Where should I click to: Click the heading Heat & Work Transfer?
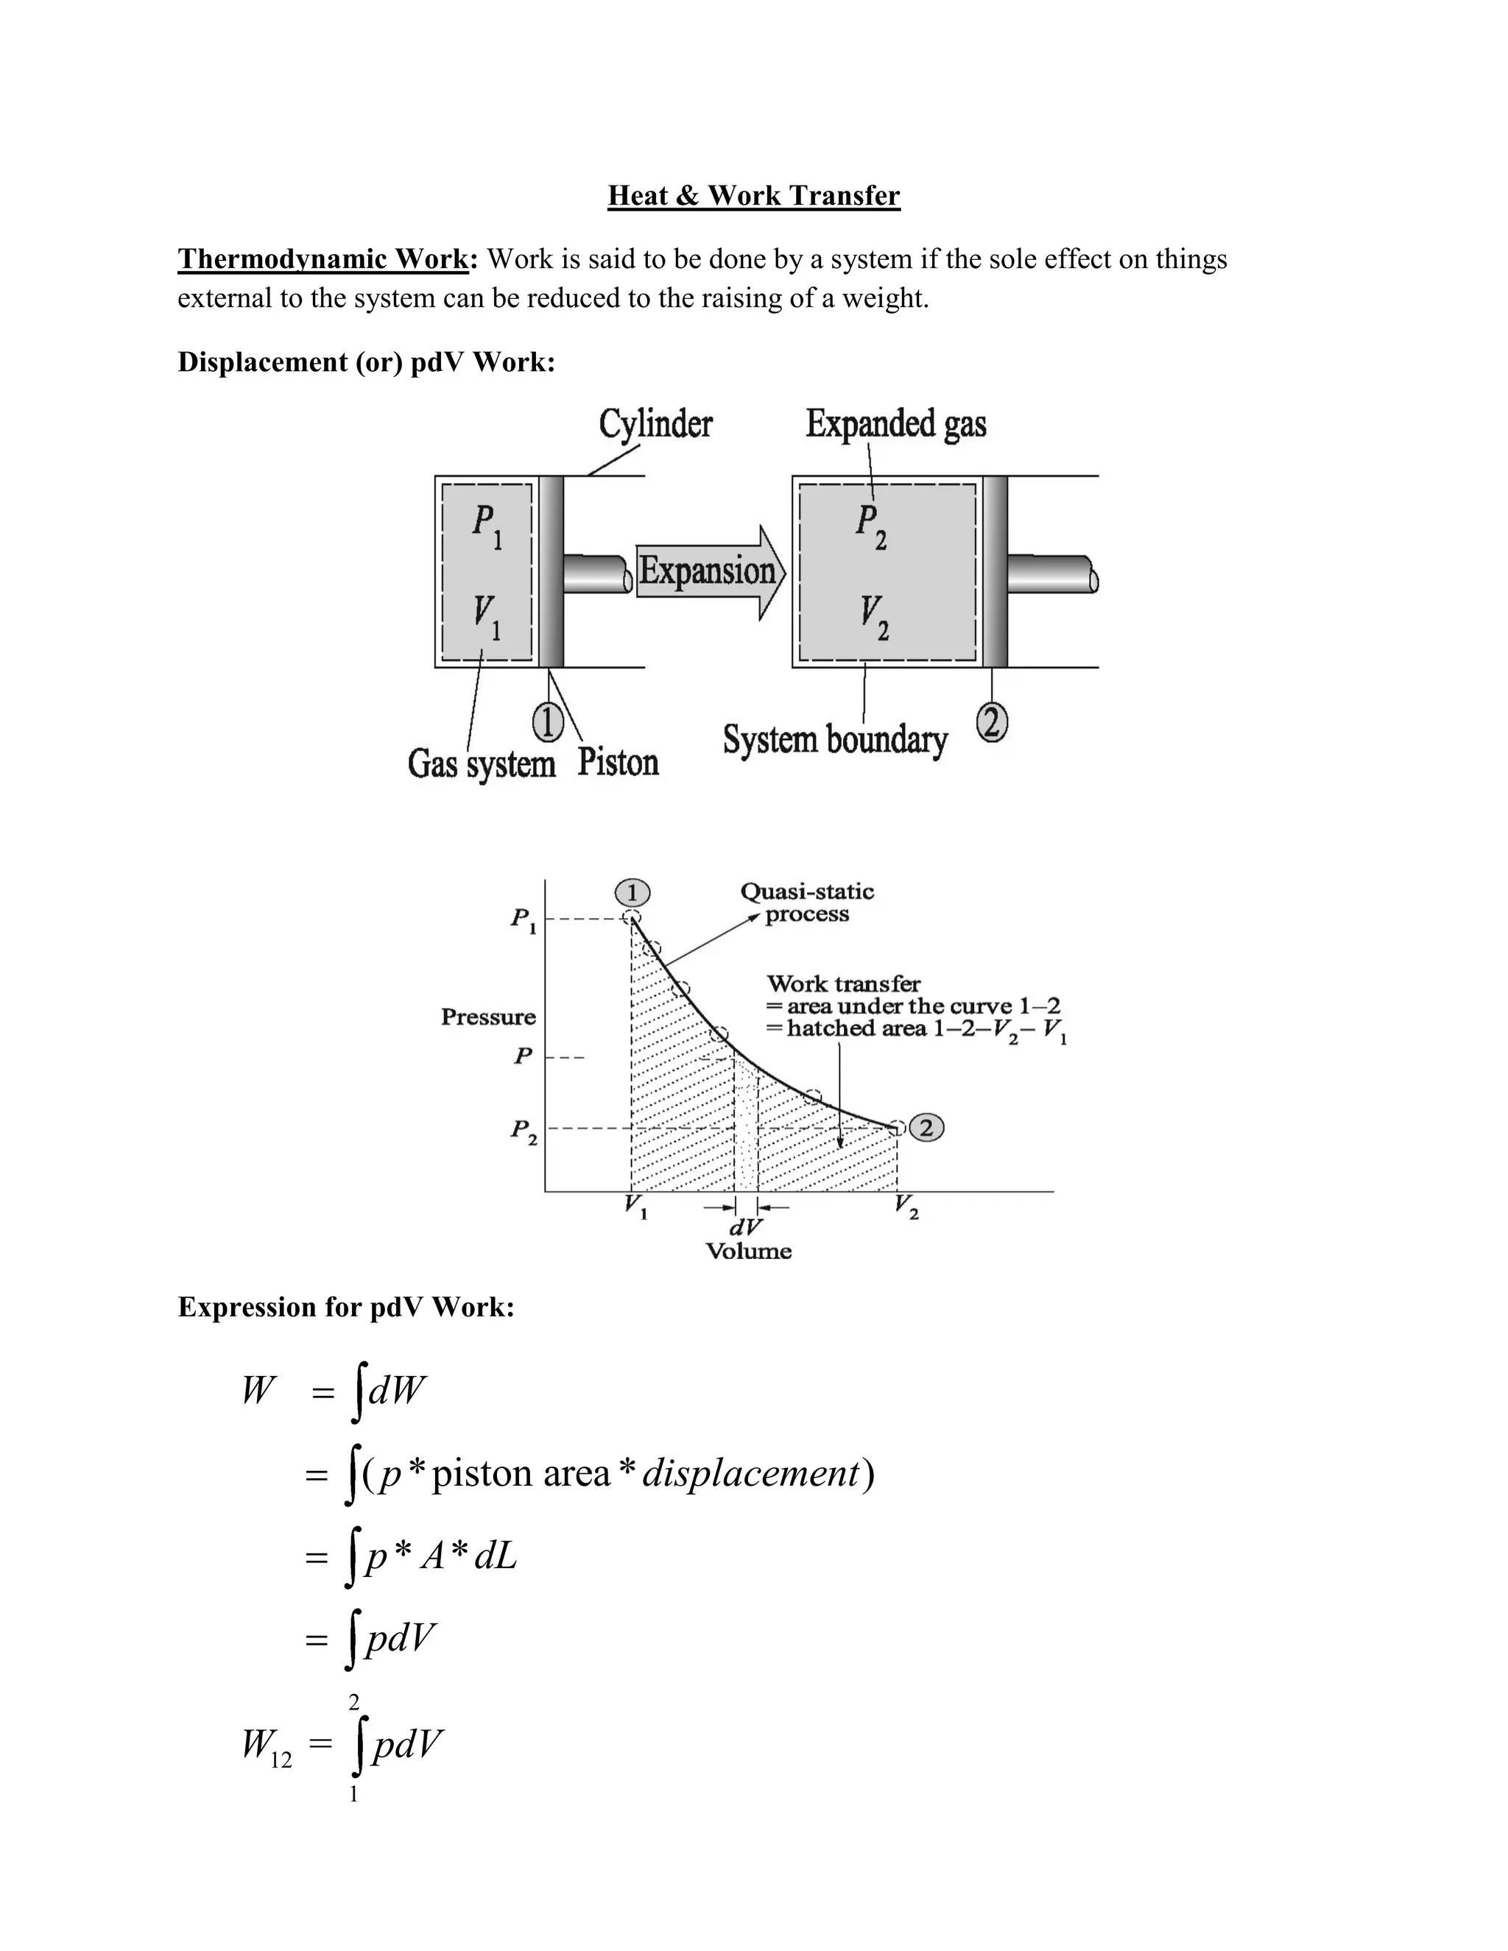coord(753,196)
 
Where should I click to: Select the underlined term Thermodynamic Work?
coord(323,259)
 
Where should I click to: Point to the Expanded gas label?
coord(895,423)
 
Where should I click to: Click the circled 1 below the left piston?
coord(548,723)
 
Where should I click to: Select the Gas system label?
coord(481,763)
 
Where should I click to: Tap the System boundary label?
coord(834,741)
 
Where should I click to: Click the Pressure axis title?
coord(487,1017)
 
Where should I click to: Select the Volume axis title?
coord(748,1251)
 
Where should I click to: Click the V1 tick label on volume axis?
coord(636,1207)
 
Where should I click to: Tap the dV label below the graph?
coord(746,1227)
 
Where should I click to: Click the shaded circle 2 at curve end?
coord(926,1127)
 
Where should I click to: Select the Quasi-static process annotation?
coord(807,903)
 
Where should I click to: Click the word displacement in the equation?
coord(750,1473)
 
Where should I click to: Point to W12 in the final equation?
coord(267,1745)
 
